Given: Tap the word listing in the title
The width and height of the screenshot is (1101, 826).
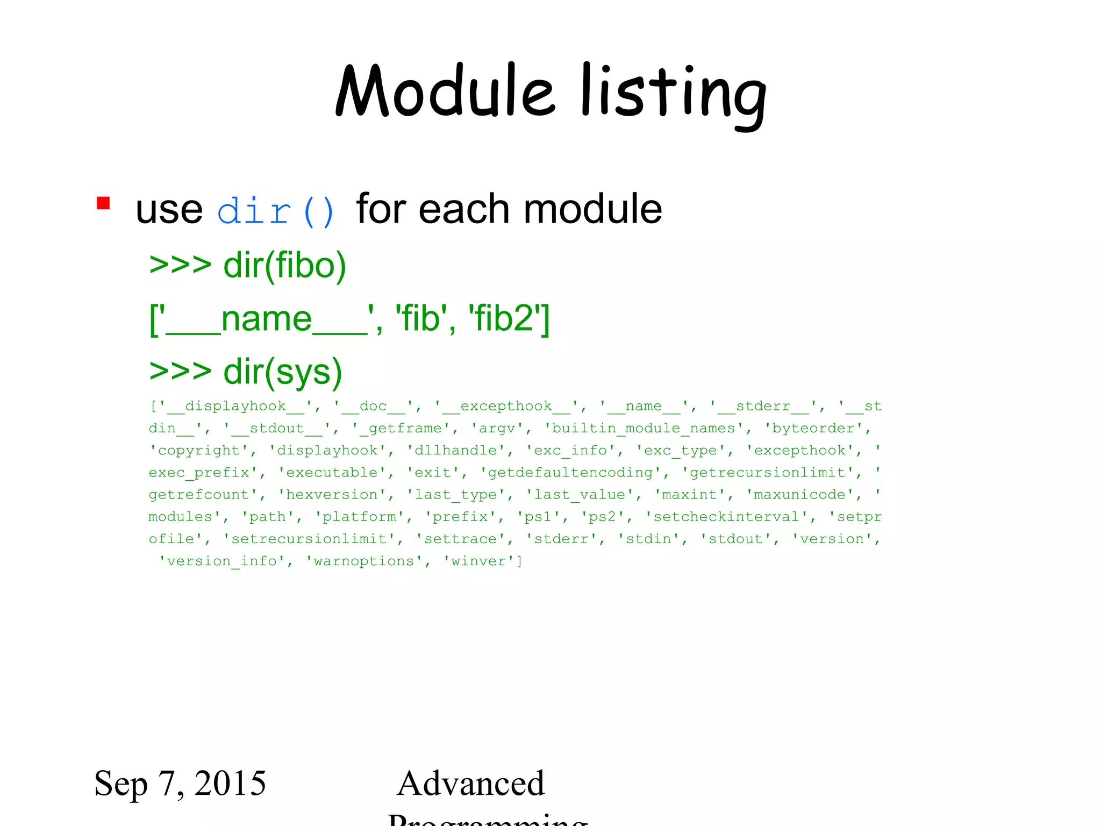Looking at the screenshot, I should pyautogui.click(x=673, y=94).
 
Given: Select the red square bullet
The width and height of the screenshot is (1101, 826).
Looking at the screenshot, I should pyautogui.click(x=103, y=203).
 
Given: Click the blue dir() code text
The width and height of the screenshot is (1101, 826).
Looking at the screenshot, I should pyautogui.click(x=276, y=211).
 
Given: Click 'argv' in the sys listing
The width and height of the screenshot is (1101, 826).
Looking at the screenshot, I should pyautogui.click(x=497, y=428).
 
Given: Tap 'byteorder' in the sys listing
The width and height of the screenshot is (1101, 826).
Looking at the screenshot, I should pyautogui.click(x=813, y=428).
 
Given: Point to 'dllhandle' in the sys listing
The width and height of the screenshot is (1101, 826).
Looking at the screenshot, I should pyautogui.click(x=456, y=450).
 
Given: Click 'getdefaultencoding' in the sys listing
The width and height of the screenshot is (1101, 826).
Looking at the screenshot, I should pyautogui.click(x=570, y=472).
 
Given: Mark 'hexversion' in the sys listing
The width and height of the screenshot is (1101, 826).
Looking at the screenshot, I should pyautogui.click(x=332, y=494).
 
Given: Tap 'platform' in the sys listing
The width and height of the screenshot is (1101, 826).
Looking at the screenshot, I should pyautogui.click(x=359, y=517).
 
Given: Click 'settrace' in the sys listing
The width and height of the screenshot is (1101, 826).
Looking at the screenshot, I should pyautogui.click(x=460, y=539).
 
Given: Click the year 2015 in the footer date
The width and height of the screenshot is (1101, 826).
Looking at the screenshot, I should pyautogui.click(x=230, y=783).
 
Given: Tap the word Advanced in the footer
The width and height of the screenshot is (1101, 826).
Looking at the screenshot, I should pyautogui.click(x=471, y=783).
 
